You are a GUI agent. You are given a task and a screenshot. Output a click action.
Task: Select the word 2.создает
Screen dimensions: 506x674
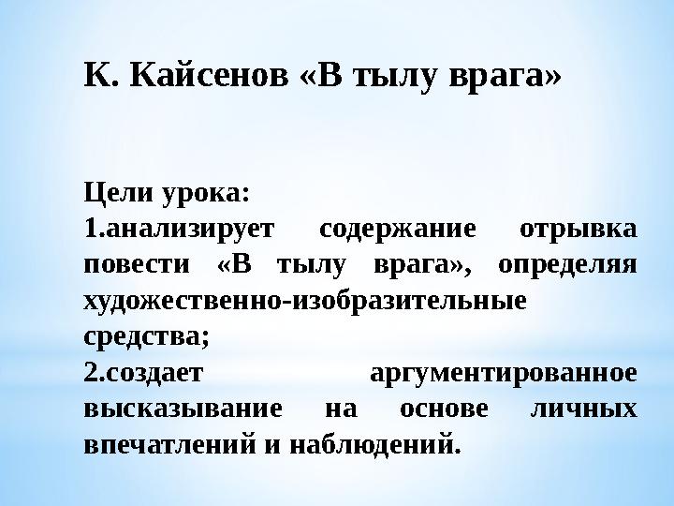point(142,374)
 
